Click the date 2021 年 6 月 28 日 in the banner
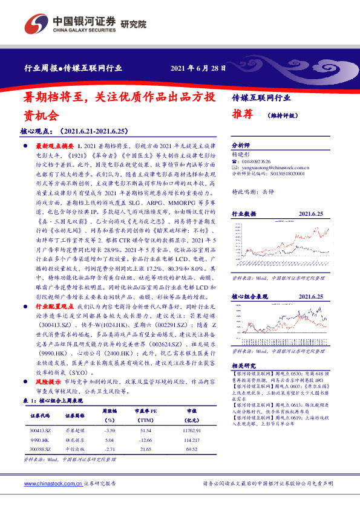[x=199, y=68]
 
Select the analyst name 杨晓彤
[x=241, y=154]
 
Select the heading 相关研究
[x=244, y=366]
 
